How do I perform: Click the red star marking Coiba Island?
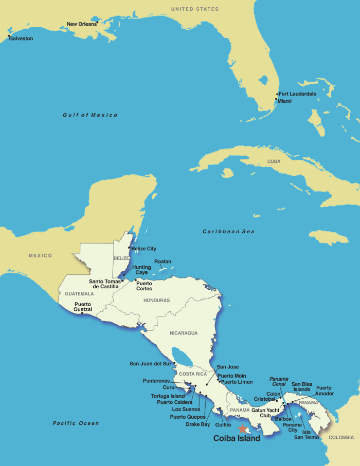242,428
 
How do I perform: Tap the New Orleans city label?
82,24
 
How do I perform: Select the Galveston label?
21,39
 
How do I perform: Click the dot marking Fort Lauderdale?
277,94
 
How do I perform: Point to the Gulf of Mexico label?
90,115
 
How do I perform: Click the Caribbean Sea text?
228,232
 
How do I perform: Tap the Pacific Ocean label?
76,423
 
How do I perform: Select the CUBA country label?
274,161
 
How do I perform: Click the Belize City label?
144,249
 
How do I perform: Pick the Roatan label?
163,262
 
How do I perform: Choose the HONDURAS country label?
156,300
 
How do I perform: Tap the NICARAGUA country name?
184,333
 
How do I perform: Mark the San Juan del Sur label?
150,364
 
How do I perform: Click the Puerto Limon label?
237,382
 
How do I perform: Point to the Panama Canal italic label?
279,382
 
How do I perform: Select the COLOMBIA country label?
341,437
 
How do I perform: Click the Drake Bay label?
198,424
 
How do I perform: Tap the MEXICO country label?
40,255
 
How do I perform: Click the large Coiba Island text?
237,439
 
